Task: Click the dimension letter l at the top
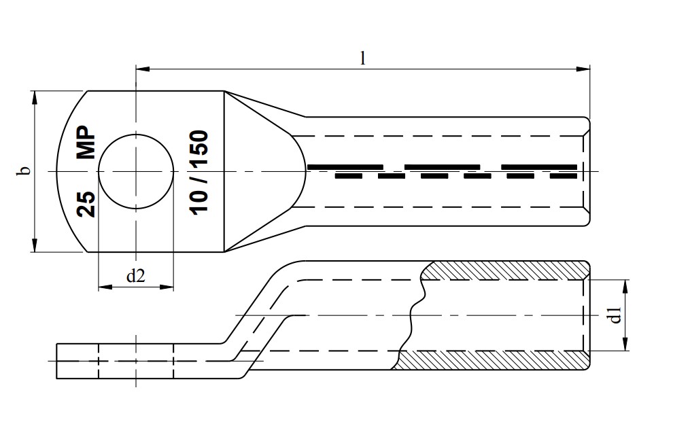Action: click(362, 58)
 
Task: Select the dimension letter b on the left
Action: click(23, 171)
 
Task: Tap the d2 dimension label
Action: click(136, 276)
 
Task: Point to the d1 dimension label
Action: click(615, 315)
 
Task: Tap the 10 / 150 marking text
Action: click(199, 171)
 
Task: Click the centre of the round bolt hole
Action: click(136, 171)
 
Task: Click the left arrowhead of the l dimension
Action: click(142, 68)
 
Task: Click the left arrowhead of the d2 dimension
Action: click(104, 287)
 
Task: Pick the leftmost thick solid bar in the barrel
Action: click(345, 166)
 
